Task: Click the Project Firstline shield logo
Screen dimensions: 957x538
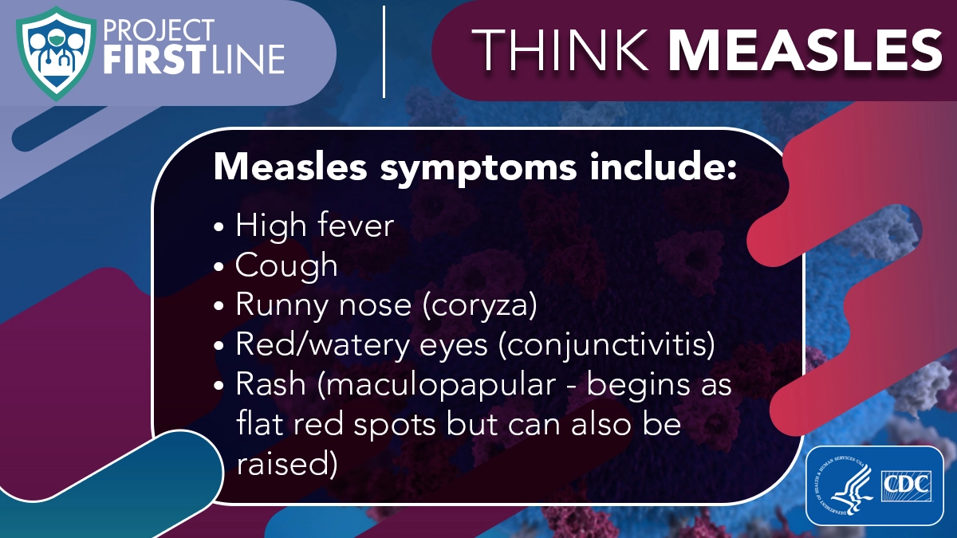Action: click(56, 53)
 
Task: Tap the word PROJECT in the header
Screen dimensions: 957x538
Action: click(158, 31)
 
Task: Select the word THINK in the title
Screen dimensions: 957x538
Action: click(560, 49)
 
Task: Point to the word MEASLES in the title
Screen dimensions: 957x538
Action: click(805, 50)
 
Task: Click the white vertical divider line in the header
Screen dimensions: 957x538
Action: click(384, 52)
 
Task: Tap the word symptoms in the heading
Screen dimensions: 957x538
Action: click(478, 168)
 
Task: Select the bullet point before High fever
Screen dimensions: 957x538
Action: click(219, 227)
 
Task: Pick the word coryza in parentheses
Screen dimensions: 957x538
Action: click(479, 306)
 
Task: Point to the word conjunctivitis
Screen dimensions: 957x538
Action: click(607, 345)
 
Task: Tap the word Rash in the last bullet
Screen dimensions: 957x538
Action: click(271, 384)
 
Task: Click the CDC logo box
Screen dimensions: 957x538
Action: click(906, 485)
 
